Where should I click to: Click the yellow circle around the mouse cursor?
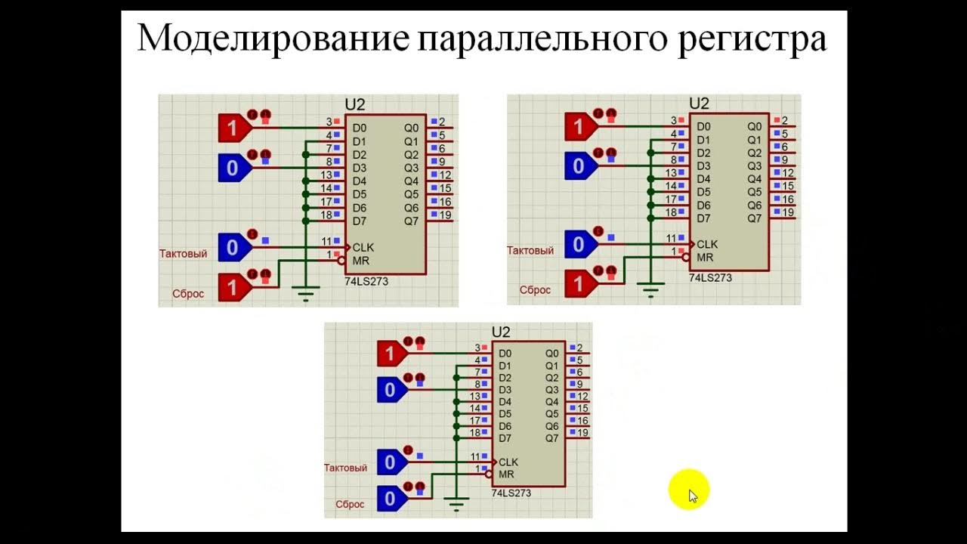pyautogui.click(x=689, y=490)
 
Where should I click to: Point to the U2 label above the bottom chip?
pyautogui.click(x=501, y=332)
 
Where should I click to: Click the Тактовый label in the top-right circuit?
pyautogui.click(x=530, y=251)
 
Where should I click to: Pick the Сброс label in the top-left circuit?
pyautogui.click(x=189, y=293)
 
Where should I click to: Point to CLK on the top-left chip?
pyautogui.click(x=363, y=247)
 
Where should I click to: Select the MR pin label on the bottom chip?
pyautogui.click(x=506, y=474)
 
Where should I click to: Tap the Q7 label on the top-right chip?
pyautogui.click(x=755, y=218)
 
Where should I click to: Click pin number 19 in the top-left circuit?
pyautogui.click(x=445, y=216)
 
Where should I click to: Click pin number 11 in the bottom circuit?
pyautogui.click(x=475, y=456)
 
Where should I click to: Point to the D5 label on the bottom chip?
pyautogui.click(x=505, y=414)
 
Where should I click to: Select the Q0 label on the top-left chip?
pyautogui.click(x=411, y=128)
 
